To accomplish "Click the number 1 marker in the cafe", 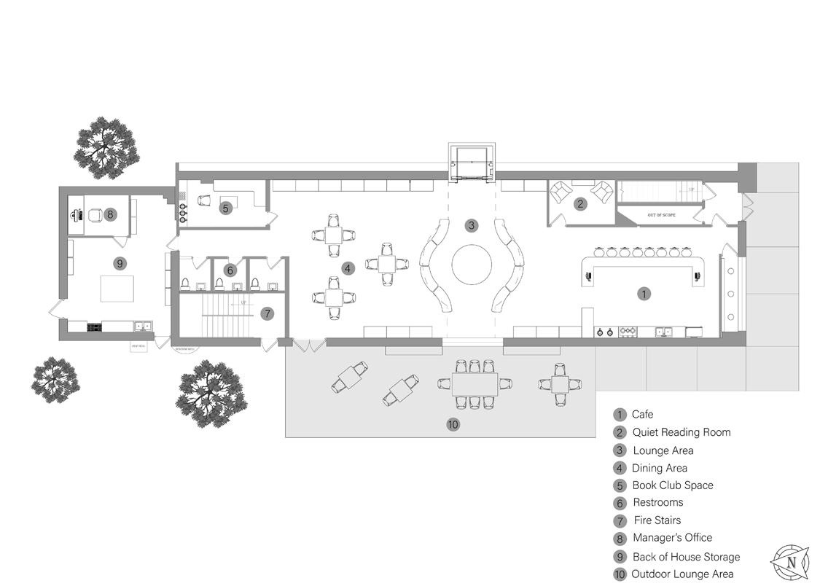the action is click(644, 294).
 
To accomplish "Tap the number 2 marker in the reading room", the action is click(580, 204).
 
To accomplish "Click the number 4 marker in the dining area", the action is click(348, 268).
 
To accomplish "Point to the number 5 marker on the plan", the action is click(225, 208).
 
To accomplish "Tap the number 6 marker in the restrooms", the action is click(230, 270).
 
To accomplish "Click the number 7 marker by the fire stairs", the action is click(268, 313).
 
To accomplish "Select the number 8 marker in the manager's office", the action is click(110, 214).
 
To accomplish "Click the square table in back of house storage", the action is click(117, 288).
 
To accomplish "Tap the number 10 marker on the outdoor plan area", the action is click(453, 424).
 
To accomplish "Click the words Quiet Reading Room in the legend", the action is click(681, 432).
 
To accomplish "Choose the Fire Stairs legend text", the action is click(657, 520).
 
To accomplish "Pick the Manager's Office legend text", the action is click(672, 538).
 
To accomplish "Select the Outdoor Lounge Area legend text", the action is click(682, 574).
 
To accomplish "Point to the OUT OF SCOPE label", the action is click(663, 215).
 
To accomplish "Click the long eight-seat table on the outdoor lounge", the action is click(475, 383).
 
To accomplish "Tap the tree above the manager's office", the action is click(106, 148).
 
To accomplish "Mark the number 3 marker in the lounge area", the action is click(472, 225).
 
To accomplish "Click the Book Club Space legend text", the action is click(672, 485).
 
